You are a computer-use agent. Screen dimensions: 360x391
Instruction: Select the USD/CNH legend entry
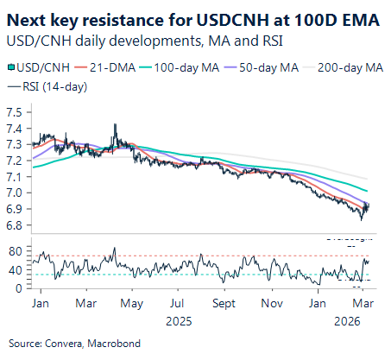coord(37,67)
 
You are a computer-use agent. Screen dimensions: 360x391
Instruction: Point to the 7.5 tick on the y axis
coord(15,113)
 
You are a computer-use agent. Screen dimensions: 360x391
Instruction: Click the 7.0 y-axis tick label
coord(15,193)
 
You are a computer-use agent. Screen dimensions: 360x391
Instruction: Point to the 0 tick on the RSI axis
coord(19,287)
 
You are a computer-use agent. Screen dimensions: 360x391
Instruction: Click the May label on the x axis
coord(131,305)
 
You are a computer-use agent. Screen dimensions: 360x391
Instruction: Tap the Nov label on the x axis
coord(273,305)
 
